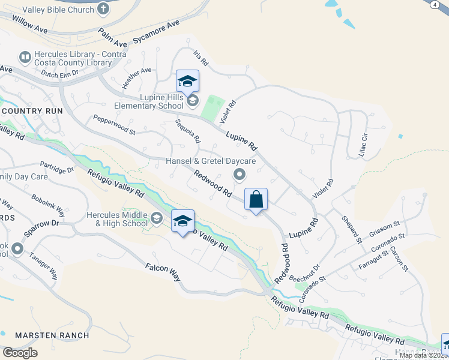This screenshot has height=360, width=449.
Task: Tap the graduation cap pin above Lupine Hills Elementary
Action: click(187, 81)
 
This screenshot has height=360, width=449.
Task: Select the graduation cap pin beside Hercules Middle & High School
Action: click(183, 221)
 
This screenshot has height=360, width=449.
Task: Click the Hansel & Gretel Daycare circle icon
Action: click(240, 175)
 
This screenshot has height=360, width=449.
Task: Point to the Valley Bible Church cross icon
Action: click(103, 9)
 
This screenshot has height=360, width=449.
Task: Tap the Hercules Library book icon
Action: click(25, 58)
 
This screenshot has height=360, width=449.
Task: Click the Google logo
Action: click(20, 353)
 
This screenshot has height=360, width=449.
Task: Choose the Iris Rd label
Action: click(200, 58)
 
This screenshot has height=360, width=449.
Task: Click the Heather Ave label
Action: click(137, 79)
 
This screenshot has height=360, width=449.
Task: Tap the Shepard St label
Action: click(352, 230)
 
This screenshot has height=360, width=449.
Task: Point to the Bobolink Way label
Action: click(49, 205)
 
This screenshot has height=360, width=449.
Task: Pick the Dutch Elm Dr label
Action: click(60, 73)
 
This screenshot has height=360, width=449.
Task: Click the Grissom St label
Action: click(385, 227)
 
